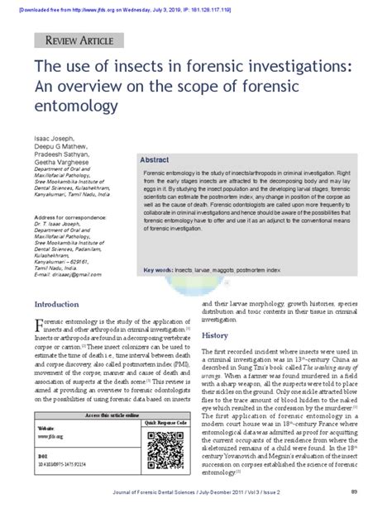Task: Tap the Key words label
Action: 156,271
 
